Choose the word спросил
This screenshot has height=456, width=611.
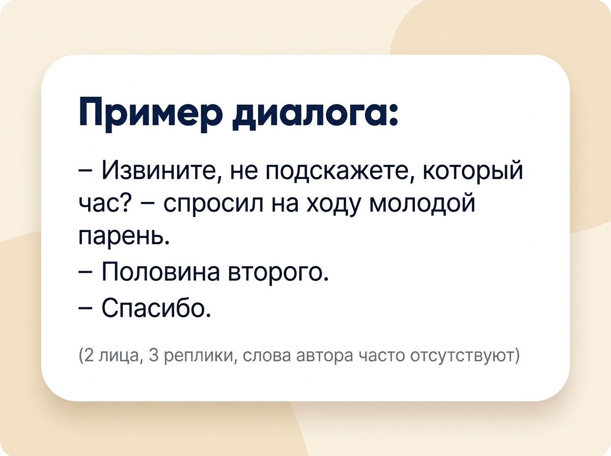[x=213, y=206]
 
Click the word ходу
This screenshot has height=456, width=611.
[x=332, y=206]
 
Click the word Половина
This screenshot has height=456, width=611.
[x=160, y=272]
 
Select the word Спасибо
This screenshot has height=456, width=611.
[x=156, y=307]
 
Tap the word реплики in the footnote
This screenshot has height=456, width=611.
[x=199, y=357]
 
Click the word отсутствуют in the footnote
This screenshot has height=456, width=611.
[x=462, y=357]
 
